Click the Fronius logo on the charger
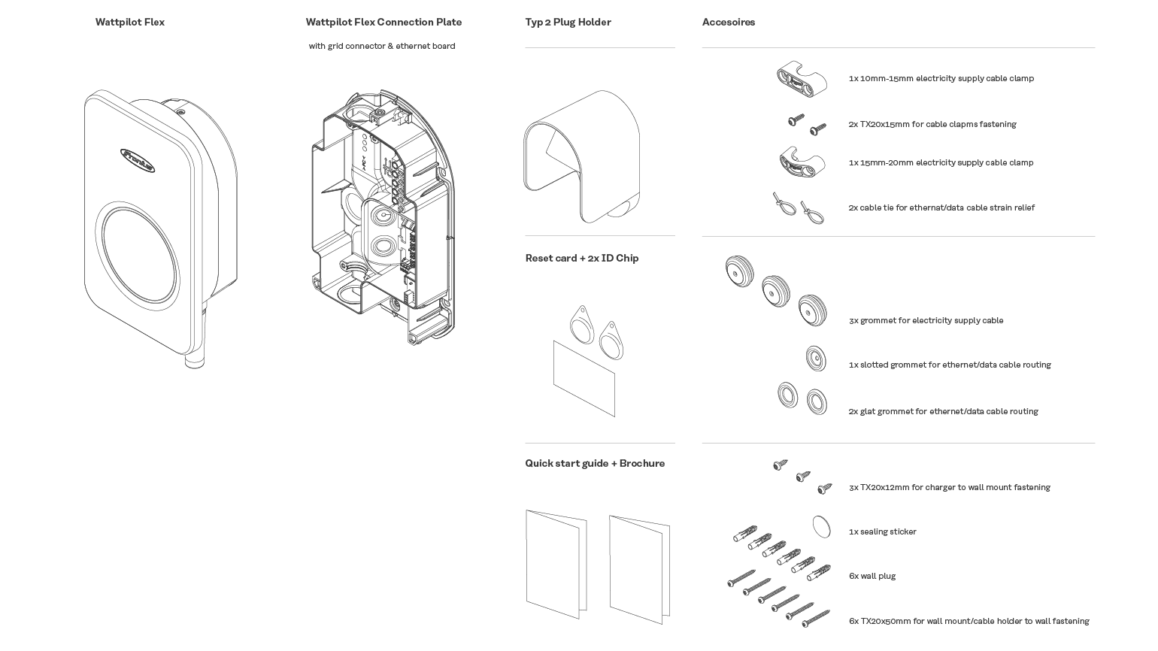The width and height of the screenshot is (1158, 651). coord(138,160)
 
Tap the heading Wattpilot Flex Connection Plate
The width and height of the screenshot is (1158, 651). coord(383,23)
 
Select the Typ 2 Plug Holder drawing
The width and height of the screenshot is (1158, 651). coord(581,156)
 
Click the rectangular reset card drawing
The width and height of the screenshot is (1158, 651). coord(584,379)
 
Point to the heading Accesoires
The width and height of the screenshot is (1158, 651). coord(729,23)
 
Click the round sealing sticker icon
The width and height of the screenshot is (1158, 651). coord(821,527)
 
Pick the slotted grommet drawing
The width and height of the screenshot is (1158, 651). coord(816,358)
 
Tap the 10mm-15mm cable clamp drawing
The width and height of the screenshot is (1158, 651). coord(802,79)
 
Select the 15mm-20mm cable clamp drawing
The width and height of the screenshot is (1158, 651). coord(802,162)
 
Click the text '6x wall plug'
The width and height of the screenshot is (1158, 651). coord(872,576)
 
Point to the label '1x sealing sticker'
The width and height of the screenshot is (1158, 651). coord(883,531)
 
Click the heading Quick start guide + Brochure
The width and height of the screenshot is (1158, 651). coord(595,464)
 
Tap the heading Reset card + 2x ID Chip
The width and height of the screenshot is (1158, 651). coord(582,259)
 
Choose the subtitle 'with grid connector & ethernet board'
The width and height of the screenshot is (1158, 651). coord(382,46)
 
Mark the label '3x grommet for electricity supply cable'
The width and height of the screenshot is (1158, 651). coord(926,320)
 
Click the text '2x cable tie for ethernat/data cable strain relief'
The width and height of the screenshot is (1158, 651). coord(941,207)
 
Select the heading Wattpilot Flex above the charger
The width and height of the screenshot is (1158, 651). coord(130,23)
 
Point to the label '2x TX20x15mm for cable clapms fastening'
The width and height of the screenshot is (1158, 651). coord(932,124)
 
